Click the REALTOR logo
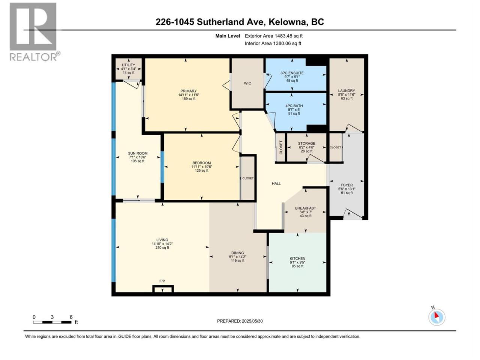[34, 32]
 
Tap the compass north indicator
[436, 317]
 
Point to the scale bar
[52, 322]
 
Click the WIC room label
[247, 83]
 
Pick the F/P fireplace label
[162, 281]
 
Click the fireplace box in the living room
[163, 289]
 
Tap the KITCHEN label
[297, 259]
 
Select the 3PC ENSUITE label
[292, 73]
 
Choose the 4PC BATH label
[294, 106]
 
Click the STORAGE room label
[306, 143]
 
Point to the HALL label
[276, 184]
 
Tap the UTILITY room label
[128, 65]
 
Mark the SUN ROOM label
[138, 153]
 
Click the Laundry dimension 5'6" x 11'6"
[346, 94]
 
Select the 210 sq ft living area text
[162, 247]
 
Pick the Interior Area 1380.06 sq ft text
[273, 43]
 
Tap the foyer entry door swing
[352, 214]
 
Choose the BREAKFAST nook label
[305, 208]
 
